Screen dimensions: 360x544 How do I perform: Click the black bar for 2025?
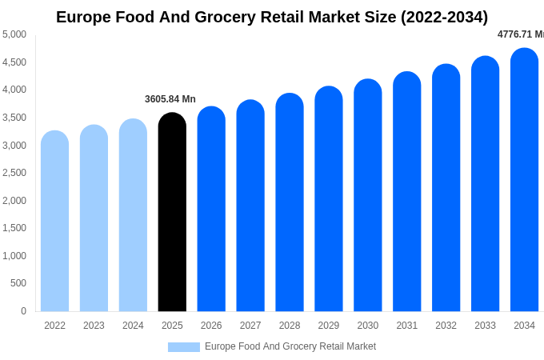coord(172,212)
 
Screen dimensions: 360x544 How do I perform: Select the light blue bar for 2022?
coord(54,221)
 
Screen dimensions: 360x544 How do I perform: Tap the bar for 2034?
coord(524,180)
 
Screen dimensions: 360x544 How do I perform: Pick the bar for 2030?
coord(368,195)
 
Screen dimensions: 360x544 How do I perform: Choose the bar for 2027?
coord(250,206)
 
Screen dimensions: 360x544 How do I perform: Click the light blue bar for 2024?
coord(133,215)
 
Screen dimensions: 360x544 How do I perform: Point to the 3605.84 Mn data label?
coord(170,99)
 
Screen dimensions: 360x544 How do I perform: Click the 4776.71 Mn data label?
coord(521,34)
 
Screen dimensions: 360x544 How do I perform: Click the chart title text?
coord(272,17)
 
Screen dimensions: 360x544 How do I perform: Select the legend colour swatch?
coord(183,347)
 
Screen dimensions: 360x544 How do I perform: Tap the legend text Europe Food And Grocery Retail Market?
coord(290,346)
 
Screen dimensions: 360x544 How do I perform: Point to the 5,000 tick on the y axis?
coord(14,34)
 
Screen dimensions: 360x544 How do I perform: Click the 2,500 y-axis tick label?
coord(14,173)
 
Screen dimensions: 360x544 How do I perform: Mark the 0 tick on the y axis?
coord(23,311)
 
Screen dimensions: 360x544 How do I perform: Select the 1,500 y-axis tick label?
coord(14,228)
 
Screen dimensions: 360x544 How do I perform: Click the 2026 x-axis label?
coord(211,326)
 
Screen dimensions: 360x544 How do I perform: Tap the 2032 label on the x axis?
coord(446,326)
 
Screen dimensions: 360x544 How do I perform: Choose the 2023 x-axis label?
coord(94,326)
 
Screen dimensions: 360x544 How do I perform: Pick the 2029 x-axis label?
coord(329,326)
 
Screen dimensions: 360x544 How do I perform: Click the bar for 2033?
coord(485,184)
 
